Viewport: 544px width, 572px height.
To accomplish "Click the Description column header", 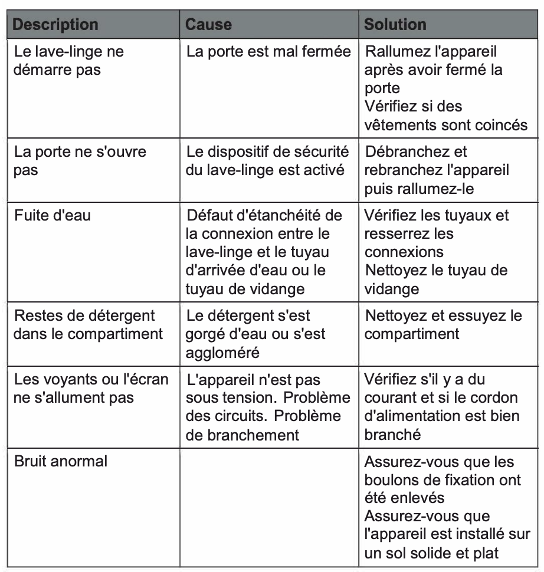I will coord(55,25).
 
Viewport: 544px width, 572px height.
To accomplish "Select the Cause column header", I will coord(209,25).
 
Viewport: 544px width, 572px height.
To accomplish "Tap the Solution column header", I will coord(395,25).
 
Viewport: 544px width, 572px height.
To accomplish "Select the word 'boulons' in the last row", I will coord(392,479).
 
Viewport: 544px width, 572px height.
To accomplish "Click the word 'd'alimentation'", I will coord(417,416).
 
